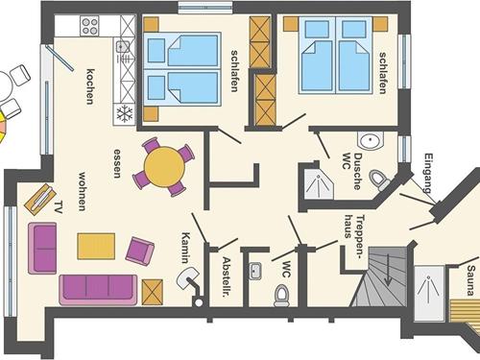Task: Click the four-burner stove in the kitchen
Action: point(89,26)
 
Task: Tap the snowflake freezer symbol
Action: point(125,114)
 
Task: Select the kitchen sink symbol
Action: point(122,47)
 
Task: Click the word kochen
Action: point(90,86)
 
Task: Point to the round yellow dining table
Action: point(164,167)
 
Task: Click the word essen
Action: point(118,163)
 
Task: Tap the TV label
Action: point(59,207)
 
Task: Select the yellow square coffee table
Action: point(96,246)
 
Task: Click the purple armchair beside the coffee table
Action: point(140,252)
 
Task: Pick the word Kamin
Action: point(185,248)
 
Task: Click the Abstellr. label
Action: point(227,277)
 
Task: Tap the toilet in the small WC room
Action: point(281,296)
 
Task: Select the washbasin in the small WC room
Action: point(254,271)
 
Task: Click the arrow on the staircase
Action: point(388,270)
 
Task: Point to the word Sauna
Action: point(470,280)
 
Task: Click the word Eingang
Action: point(428,174)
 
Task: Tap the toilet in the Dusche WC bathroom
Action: point(379,180)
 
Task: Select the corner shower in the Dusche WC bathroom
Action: point(319,184)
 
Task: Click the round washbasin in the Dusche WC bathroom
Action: point(370,140)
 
